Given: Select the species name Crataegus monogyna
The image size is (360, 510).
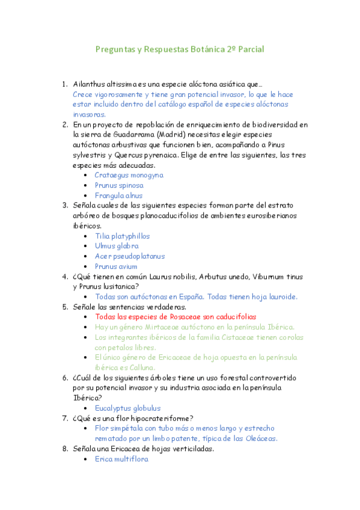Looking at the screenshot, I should click(129, 175).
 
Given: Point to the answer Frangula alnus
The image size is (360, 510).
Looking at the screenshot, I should click(118, 195).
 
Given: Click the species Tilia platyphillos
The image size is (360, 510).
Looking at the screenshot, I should click(122, 236).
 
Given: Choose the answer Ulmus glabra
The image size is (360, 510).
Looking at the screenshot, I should click(117, 246).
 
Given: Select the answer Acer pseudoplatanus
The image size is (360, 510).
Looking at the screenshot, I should click(129, 256).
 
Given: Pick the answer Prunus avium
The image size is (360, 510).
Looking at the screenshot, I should click(116, 266).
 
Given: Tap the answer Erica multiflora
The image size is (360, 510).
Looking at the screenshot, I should click(121, 459).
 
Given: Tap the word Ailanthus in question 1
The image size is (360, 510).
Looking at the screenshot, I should click(88, 84).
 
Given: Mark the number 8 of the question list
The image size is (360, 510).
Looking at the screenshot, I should click(65, 449).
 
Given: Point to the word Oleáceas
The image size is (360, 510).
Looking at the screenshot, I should click(260, 438).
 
